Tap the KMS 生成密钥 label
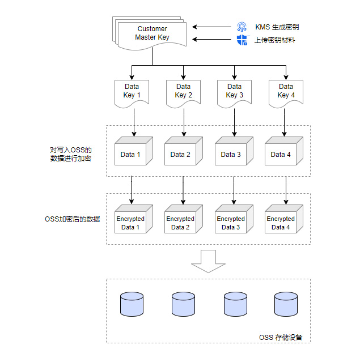click(277, 27)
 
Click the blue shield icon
click(242, 40)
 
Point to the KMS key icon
click(242, 27)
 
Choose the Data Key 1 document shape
click(132, 92)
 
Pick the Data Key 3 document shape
click(234, 92)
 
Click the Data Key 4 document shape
click(286, 92)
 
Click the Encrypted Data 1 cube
click(131, 220)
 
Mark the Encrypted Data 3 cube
click(231, 220)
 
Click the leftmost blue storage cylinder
click(132, 304)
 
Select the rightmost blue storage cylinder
click(286, 304)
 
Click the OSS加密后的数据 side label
click(72, 219)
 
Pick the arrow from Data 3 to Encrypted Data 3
click(234, 190)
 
